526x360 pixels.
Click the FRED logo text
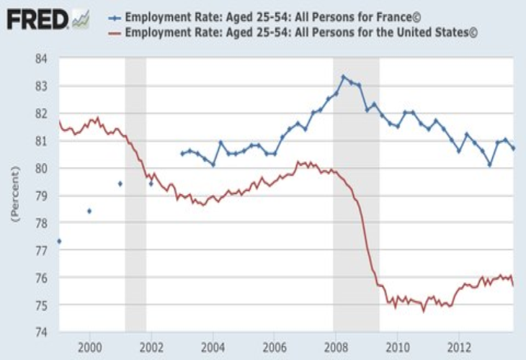pyautogui.click(x=37, y=19)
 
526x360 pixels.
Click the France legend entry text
pyautogui.click(x=273, y=17)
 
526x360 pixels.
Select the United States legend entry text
pyautogui.click(x=301, y=32)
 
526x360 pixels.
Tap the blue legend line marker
pyautogui.click(x=115, y=18)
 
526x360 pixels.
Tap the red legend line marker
pyautogui.click(x=115, y=33)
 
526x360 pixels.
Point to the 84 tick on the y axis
pyautogui.click(x=41, y=59)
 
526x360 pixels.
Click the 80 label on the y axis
pyautogui.click(x=41, y=168)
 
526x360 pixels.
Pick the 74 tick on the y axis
pyautogui.click(x=41, y=332)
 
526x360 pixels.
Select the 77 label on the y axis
pyautogui.click(x=41, y=250)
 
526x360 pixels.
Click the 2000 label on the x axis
pyautogui.click(x=89, y=347)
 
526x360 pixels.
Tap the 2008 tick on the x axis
pyautogui.click(x=336, y=347)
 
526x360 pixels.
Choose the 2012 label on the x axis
pyautogui.click(x=459, y=347)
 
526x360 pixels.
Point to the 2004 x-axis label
pyautogui.click(x=213, y=347)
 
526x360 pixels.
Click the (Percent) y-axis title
pyautogui.click(x=15, y=194)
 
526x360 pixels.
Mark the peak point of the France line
pyautogui.click(x=343, y=77)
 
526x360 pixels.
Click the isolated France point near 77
pyautogui.click(x=59, y=241)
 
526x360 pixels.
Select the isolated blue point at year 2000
pyautogui.click(x=89, y=211)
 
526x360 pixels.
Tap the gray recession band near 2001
pyautogui.click(x=135, y=194)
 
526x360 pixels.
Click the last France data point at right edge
pyautogui.click(x=513, y=148)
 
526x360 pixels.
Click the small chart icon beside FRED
pyautogui.click(x=81, y=19)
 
